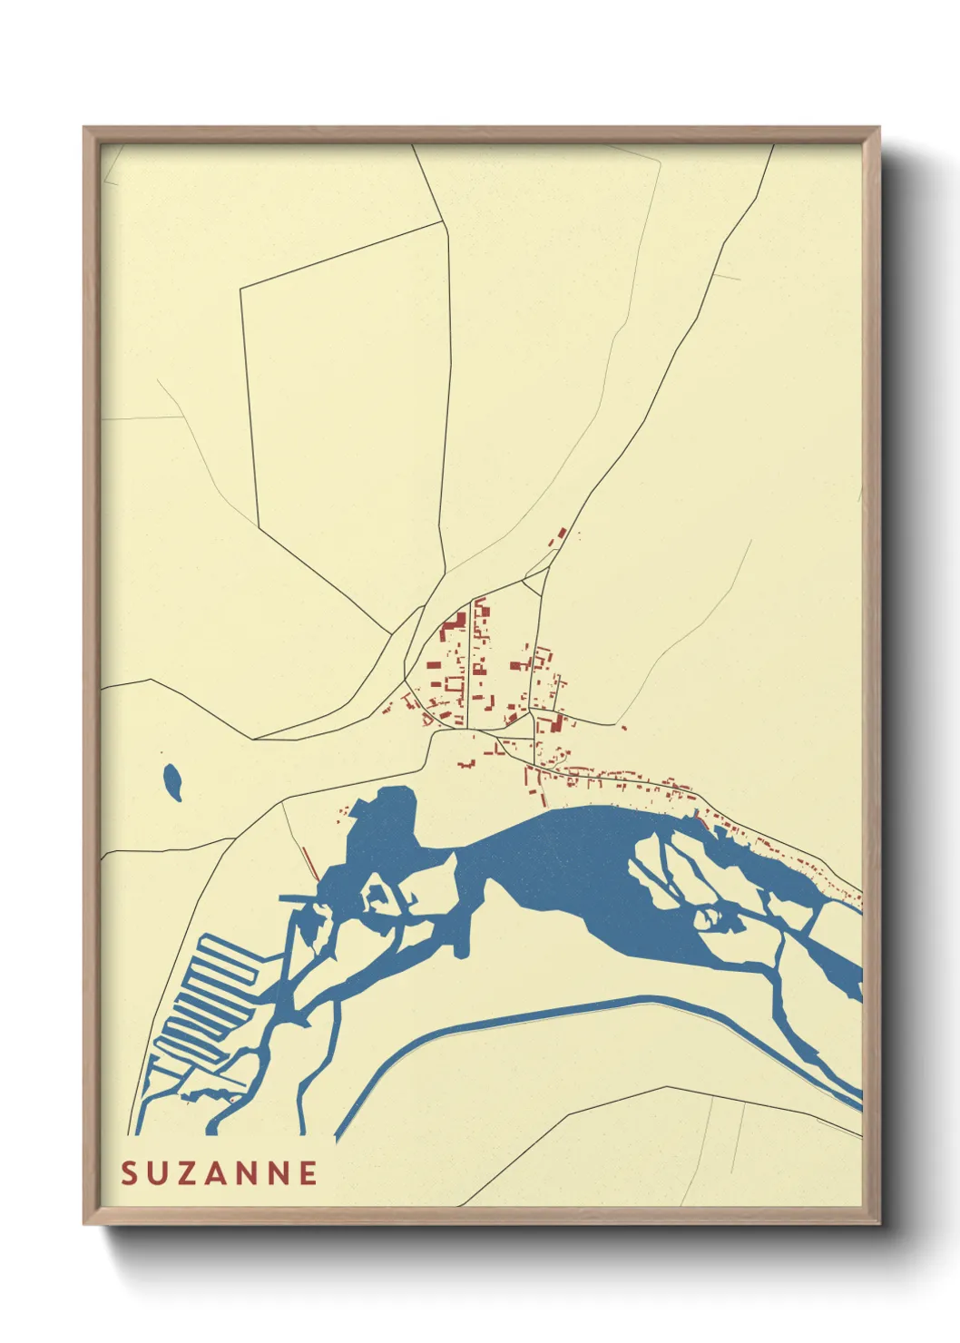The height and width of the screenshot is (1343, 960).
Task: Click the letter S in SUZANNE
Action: [129, 1173]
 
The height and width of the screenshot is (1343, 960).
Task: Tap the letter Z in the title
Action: [188, 1173]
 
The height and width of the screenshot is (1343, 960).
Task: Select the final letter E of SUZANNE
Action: [309, 1173]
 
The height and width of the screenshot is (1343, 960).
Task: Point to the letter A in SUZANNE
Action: [218, 1173]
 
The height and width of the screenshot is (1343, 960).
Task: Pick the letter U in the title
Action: [158, 1173]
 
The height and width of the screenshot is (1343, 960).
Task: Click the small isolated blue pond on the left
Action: [172, 781]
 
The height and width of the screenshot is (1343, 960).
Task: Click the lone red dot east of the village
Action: [623, 728]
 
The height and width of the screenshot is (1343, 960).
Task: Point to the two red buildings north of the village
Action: [560, 535]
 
